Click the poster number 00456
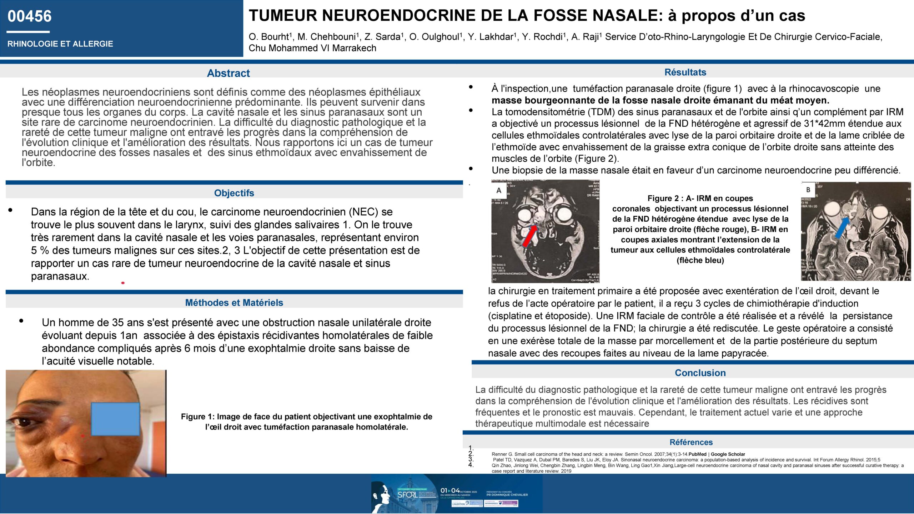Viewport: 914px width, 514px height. coord(30,16)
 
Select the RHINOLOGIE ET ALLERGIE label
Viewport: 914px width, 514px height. coord(60,44)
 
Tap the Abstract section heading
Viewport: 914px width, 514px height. coord(228,73)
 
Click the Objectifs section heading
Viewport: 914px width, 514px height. coord(234,193)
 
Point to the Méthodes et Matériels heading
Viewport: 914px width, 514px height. coord(234,303)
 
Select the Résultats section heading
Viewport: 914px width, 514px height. coord(685,72)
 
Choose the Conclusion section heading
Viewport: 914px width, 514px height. coord(700,373)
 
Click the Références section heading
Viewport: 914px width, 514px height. coord(691,442)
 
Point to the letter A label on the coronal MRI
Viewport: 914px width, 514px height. coord(499,191)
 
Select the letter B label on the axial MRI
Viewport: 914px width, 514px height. coord(808,190)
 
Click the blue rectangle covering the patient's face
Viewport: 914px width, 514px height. coord(115,419)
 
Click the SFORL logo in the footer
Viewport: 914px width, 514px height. coord(407,495)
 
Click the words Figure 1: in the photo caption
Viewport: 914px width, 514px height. coord(197,417)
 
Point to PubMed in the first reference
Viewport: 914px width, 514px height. coord(698,454)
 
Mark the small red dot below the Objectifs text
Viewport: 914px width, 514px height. coord(123,283)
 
